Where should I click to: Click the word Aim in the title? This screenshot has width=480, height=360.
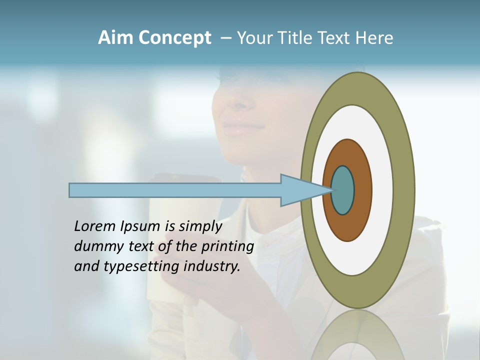click(115, 38)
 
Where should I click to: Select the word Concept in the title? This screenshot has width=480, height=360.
click(173, 38)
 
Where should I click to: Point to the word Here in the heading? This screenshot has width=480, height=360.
click(374, 38)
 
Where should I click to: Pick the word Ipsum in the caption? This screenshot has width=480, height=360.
click(140, 226)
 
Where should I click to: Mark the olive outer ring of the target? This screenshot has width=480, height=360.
click(404, 190)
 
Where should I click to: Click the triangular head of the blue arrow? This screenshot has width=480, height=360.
click(300, 190)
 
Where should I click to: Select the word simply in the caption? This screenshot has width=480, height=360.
click(200, 226)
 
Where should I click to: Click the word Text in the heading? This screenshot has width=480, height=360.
click(337, 38)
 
